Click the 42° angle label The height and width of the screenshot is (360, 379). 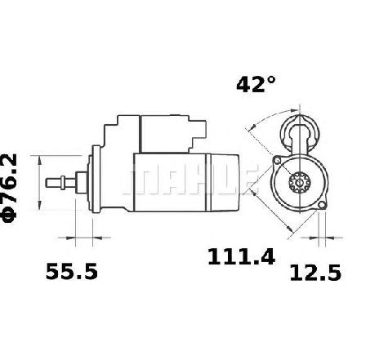pyautogui.click(x=256, y=85)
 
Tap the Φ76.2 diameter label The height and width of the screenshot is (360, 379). pyautogui.click(x=10, y=188)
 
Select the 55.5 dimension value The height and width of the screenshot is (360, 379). pyautogui.click(x=72, y=271)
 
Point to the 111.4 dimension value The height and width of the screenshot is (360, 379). pyautogui.click(x=241, y=256)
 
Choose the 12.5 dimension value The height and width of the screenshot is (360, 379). pyautogui.click(x=315, y=273)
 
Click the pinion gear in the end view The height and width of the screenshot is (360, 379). pyautogui.click(x=300, y=182)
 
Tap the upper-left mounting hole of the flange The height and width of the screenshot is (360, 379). pyautogui.click(x=277, y=161)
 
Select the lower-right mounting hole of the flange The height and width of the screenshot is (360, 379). pyautogui.click(x=322, y=205)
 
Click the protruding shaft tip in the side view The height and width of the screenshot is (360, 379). pyautogui.click(x=54, y=182)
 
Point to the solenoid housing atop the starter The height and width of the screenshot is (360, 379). pyautogui.click(x=165, y=134)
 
